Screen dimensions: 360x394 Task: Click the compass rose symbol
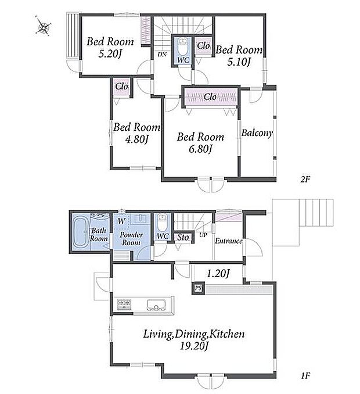(44, 25)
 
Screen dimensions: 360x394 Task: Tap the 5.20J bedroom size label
(110, 54)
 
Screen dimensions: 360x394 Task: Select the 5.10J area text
(239, 62)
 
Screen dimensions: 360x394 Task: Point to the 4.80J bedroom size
(136, 139)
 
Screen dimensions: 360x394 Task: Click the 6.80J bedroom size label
(200, 149)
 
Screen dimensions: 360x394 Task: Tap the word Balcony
(257, 133)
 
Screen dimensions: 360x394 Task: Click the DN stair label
(162, 54)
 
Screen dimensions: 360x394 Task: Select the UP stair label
(203, 235)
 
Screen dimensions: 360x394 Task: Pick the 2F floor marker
(305, 180)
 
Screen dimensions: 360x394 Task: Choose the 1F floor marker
(305, 376)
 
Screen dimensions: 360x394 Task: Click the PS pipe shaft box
(199, 288)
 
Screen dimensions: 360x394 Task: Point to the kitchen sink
(156, 305)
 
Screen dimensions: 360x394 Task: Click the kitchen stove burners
(124, 303)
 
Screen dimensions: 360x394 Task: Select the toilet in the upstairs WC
(182, 46)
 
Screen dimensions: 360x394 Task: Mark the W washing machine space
(121, 221)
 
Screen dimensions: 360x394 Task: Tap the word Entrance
(228, 241)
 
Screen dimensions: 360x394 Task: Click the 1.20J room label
(218, 273)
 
